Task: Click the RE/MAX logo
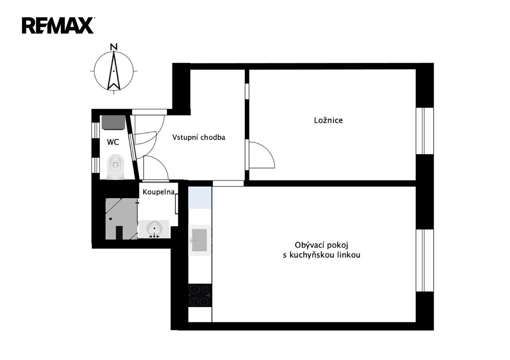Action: pos(58,25)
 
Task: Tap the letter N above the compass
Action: pos(114,47)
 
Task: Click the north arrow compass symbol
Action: pos(114,71)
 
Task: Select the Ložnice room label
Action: pos(328,120)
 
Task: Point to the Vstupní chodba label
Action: pos(199,137)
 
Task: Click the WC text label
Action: pos(113,142)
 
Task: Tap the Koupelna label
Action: pos(159,192)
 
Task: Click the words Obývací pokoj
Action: pos(322,245)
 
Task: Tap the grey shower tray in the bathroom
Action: pos(122,219)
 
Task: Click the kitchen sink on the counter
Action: pos(199,240)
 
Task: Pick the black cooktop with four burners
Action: pos(200,295)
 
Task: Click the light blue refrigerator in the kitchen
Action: pos(200,198)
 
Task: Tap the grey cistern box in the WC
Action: pos(113,122)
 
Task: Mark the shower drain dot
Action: pos(110,219)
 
